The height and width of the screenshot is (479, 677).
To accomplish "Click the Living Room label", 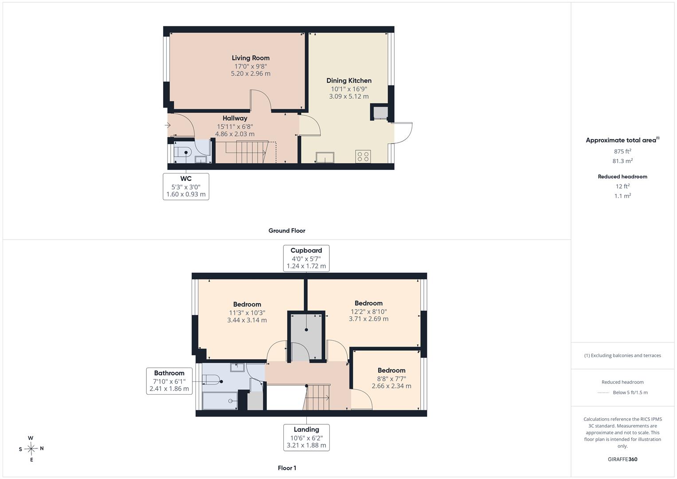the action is point(250,58).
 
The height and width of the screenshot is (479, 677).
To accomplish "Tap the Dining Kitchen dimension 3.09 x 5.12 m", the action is point(349,97).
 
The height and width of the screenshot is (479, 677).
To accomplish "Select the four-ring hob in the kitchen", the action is point(363,156).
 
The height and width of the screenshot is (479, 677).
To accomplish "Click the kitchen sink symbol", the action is point(325,157).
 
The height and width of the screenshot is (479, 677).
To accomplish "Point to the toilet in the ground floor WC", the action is point(183,153).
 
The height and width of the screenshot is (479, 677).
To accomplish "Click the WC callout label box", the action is point(186,187).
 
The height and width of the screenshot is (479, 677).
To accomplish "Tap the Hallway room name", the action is point(235,118).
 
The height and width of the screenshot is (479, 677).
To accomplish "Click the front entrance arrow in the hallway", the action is point(168,125).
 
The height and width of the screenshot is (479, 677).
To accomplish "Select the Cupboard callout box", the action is point(306,258).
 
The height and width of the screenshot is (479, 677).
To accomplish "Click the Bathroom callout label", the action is point(169,381).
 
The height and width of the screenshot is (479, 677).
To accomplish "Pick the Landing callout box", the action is point(306,438).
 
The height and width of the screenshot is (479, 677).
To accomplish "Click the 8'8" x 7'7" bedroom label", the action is point(391,378).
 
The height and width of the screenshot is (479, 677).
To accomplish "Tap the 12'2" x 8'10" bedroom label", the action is point(369,311).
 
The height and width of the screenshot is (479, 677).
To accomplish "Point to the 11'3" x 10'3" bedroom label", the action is point(247,312).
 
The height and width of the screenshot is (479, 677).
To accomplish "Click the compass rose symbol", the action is point(31,449).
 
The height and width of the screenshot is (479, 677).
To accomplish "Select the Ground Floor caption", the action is point(287,231).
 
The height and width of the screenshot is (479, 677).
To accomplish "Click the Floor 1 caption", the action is point(287,468).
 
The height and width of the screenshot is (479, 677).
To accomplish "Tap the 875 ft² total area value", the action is point(622,151).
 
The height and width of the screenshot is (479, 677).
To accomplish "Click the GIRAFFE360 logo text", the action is point(622,459).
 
